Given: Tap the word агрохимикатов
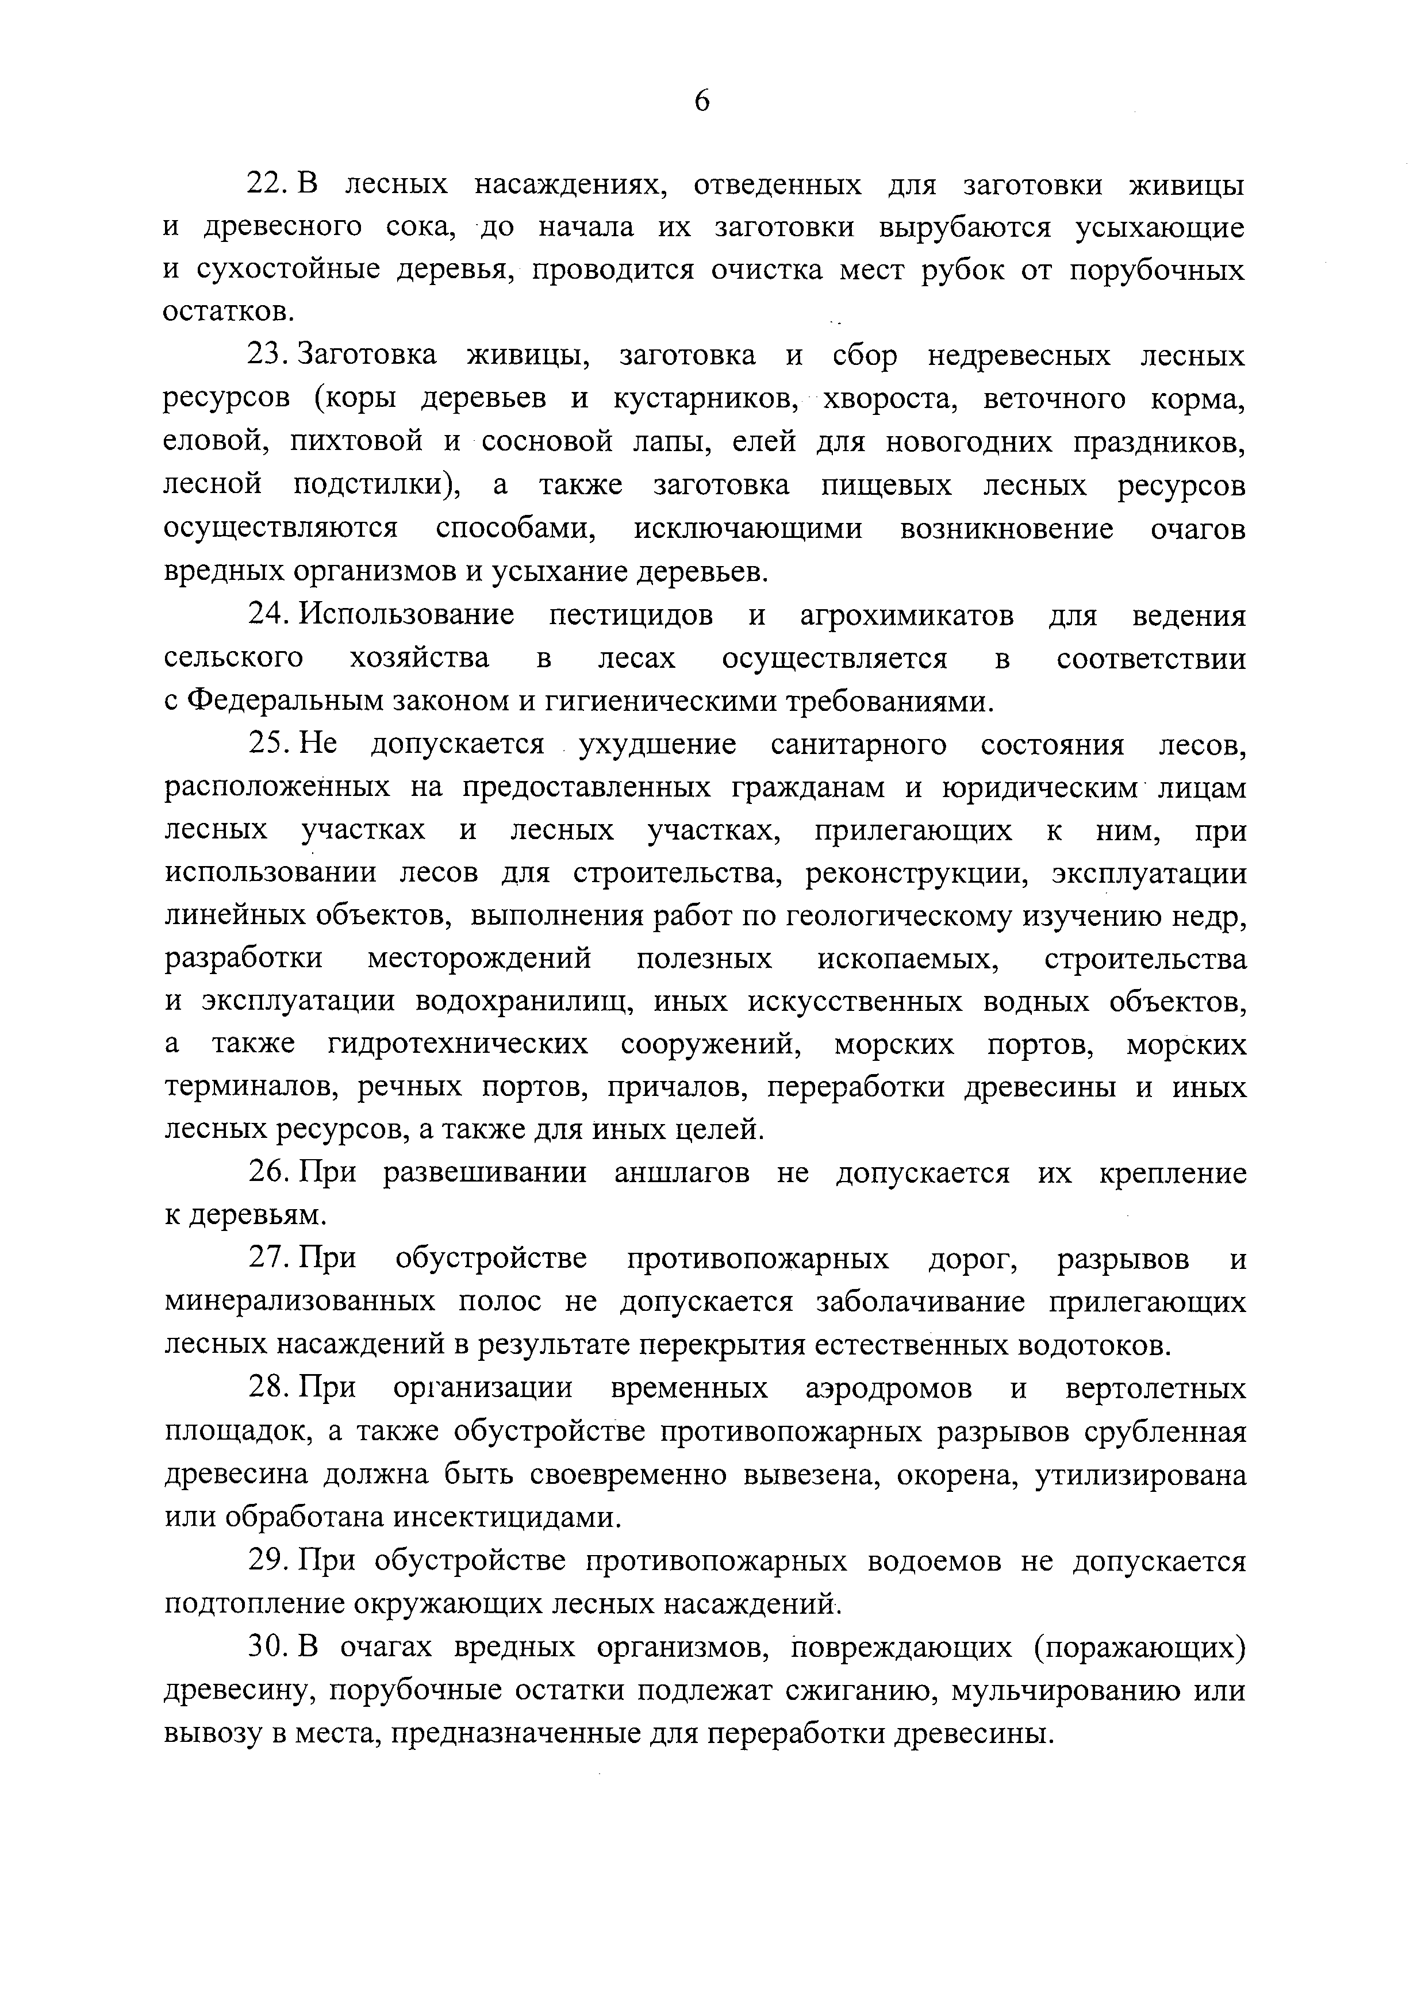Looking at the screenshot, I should [x=907, y=615].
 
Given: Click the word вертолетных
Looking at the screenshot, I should [x=1155, y=1388].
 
